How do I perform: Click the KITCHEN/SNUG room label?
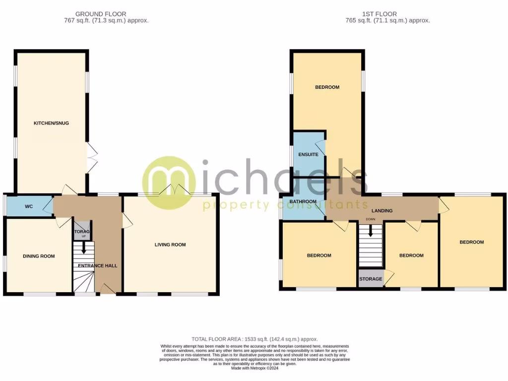pos(51,123)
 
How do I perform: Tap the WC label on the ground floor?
pos(29,206)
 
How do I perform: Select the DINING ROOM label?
pos(39,256)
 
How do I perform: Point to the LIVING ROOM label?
pos(170,245)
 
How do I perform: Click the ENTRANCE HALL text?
pos(98,265)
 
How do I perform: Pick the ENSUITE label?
pos(308,154)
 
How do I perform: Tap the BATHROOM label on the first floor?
pos(304,201)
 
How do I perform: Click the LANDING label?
pos(382,210)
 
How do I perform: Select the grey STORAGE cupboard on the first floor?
pos(371,279)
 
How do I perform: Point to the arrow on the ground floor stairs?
pos(83,247)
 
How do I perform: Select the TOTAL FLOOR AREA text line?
pos(254,338)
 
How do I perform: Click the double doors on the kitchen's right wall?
pos(92,158)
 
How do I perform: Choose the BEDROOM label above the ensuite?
pos(327,87)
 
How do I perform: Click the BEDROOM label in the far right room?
pos(471,242)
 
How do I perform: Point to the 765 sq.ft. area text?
pos(387,21)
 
